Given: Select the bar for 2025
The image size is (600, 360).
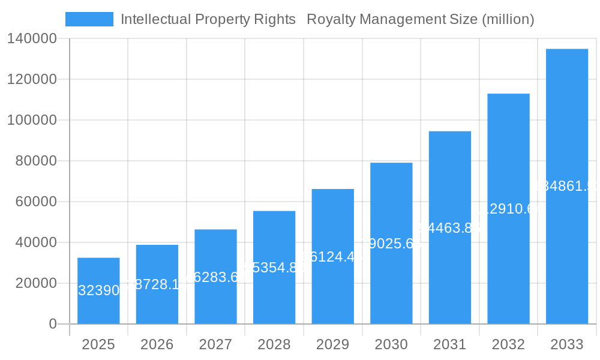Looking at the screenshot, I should [98, 291].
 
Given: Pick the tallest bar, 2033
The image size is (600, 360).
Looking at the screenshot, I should [566, 186].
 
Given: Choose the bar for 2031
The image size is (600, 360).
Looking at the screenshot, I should [449, 227].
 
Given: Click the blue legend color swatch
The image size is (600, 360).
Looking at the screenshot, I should [89, 19].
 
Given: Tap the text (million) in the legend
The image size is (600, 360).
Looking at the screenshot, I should [508, 19].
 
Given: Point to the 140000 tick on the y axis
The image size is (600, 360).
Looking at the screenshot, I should [32, 39].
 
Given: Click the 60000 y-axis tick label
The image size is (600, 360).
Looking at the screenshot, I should [36, 202].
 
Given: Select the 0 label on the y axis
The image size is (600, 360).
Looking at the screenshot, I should [52, 324].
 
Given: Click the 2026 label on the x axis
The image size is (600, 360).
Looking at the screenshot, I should [157, 344].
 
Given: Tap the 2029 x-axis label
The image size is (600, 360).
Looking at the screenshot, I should [332, 344].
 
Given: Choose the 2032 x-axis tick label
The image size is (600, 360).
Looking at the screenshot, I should [508, 344].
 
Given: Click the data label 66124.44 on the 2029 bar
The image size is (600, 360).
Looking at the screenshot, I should [332, 257].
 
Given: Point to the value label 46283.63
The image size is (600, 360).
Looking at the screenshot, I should [215, 277].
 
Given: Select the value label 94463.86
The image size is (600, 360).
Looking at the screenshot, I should [449, 227].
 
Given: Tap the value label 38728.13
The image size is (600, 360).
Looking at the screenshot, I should [157, 284].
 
